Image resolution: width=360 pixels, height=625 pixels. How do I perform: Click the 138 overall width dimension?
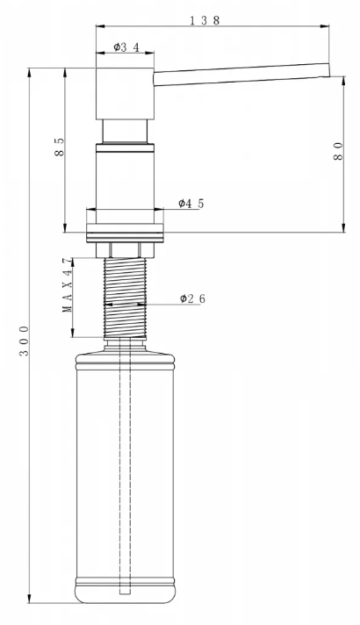tap(205, 20)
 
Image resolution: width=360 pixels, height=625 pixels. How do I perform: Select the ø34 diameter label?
tap(126, 47)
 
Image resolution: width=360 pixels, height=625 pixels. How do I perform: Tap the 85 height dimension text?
tap(59, 147)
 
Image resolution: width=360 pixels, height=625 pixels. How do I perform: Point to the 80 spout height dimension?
tap(338, 151)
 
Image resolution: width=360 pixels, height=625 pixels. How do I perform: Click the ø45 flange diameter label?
tap(191, 204)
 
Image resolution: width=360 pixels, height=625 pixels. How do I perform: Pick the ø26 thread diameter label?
tap(192, 298)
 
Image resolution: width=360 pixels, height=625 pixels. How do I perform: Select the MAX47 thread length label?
tap(68, 285)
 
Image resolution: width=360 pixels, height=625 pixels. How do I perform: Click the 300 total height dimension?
tap(24, 341)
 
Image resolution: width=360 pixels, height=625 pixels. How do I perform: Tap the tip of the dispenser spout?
tap(329, 69)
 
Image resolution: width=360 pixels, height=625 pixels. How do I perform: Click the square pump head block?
tap(125, 94)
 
